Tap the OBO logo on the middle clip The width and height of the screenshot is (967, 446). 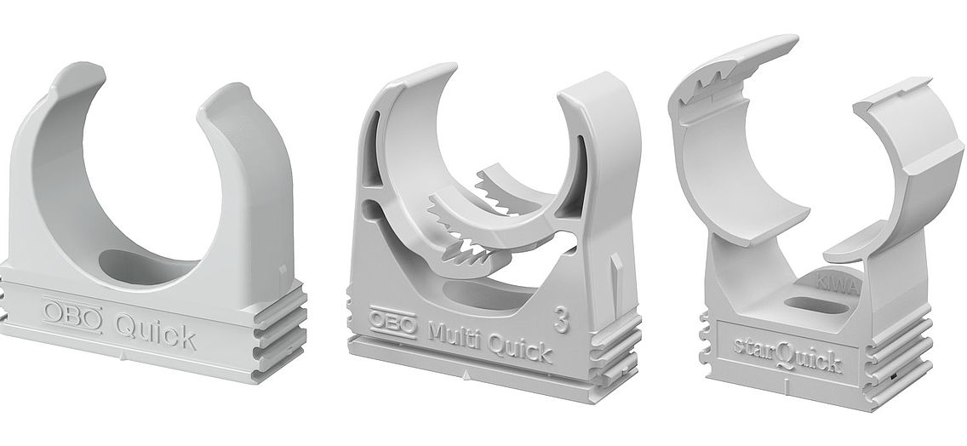(392, 321)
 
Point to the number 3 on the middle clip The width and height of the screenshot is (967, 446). (561, 318)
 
